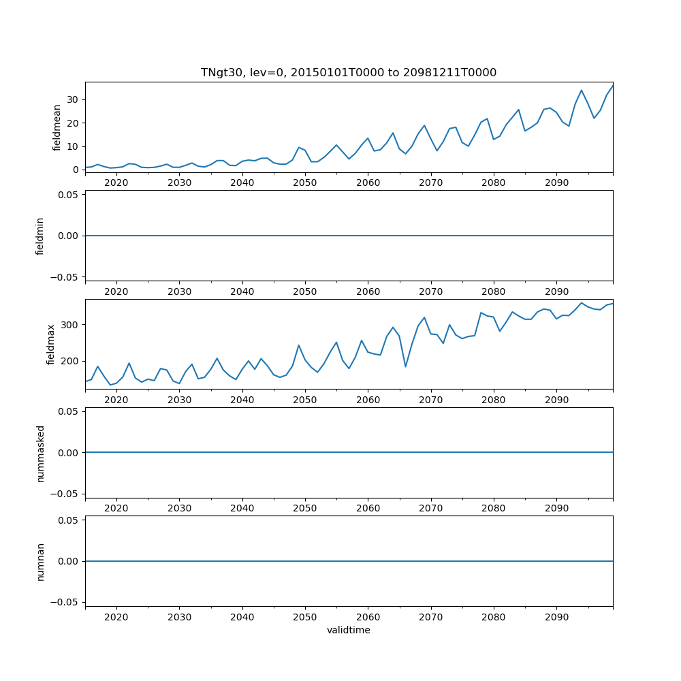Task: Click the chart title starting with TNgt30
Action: (x=348, y=72)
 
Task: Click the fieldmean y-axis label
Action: (x=57, y=127)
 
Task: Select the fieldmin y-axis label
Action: (x=39, y=236)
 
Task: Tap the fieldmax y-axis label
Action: (x=50, y=345)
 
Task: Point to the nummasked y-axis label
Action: (x=40, y=453)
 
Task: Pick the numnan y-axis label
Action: (x=40, y=561)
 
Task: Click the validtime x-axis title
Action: (x=348, y=631)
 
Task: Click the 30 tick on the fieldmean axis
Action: (x=72, y=99)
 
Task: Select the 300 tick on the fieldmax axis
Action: (x=69, y=325)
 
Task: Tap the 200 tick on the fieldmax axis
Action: (x=69, y=361)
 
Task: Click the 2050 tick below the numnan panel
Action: (x=305, y=617)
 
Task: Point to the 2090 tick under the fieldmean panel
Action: (x=556, y=183)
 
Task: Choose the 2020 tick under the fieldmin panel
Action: (x=116, y=291)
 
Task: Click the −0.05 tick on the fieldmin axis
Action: (x=65, y=276)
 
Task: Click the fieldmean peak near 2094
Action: (x=582, y=91)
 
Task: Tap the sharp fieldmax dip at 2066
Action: (x=405, y=366)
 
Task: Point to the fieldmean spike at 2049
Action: (x=298, y=147)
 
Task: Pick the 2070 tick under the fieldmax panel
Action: (x=431, y=400)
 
